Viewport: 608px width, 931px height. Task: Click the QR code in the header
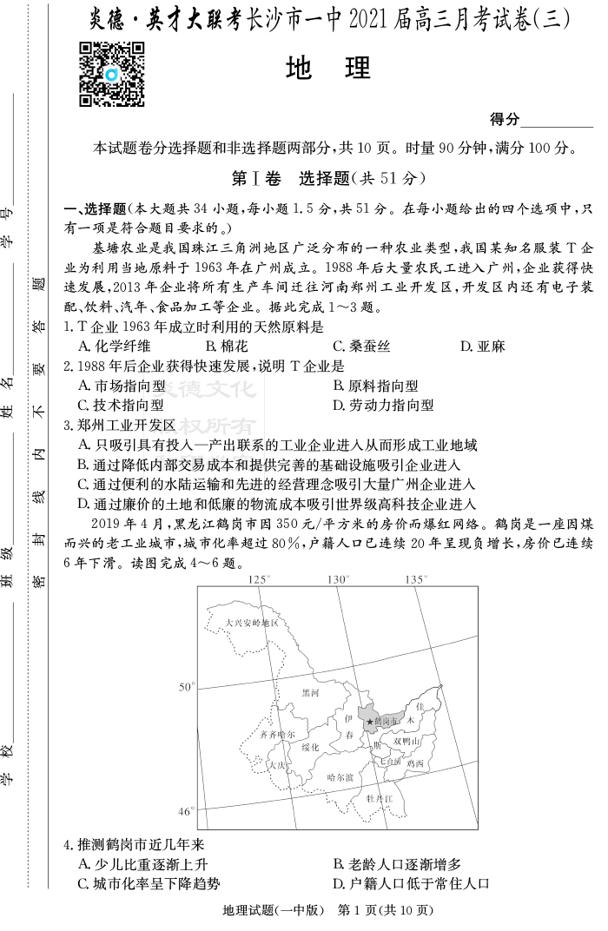pyautogui.click(x=111, y=74)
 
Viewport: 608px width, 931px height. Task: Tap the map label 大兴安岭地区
pyautogui.click(x=251, y=623)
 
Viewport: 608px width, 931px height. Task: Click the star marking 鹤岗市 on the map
pyautogui.click(x=370, y=722)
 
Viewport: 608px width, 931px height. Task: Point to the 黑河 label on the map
pyautogui.click(x=310, y=693)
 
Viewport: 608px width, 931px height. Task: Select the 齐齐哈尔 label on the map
pyautogui.click(x=283, y=734)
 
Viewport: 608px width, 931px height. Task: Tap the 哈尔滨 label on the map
pyautogui.click(x=340, y=777)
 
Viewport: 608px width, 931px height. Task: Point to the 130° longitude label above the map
pyautogui.click(x=337, y=579)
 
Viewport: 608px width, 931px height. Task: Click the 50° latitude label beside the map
pyautogui.click(x=187, y=687)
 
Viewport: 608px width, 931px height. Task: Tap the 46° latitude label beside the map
pyautogui.click(x=187, y=811)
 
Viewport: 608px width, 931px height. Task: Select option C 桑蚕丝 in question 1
pyautogui.click(x=361, y=347)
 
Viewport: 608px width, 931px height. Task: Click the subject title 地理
pyautogui.click(x=327, y=69)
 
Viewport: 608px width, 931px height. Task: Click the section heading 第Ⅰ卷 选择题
pyautogui.click(x=327, y=179)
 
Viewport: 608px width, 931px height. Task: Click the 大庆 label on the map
pyautogui.click(x=277, y=766)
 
